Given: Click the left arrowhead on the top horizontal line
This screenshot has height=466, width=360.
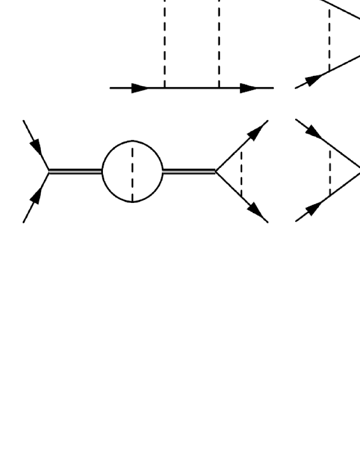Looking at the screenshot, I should [x=139, y=88].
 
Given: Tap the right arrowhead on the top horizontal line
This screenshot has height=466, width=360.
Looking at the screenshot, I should [x=249, y=88].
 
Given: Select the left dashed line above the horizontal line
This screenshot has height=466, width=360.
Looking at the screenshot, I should [x=164, y=42].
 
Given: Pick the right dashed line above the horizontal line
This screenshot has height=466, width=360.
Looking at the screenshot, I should [x=219, y=42].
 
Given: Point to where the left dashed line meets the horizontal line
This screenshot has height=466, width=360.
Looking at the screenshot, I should [x=164, y=88].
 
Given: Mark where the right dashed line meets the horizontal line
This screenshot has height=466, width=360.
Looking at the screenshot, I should [x=219, y=88].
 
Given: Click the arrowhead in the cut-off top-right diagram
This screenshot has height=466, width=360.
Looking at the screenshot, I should [x=313, y=79].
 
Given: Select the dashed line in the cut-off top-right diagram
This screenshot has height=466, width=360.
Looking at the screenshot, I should [x=329, y=40].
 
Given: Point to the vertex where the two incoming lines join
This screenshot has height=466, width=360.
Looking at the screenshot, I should [x=49, y=171].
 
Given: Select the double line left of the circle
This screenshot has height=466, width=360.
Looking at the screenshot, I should [x=75, y=171].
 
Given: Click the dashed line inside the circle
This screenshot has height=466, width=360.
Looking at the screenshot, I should [x=133, y=171].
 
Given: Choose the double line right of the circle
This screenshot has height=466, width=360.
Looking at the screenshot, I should [x=189, y=171].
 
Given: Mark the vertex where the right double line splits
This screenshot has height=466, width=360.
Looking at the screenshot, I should [x=216, y=171].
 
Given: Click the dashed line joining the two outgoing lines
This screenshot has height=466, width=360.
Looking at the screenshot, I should [x=241, y=171].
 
